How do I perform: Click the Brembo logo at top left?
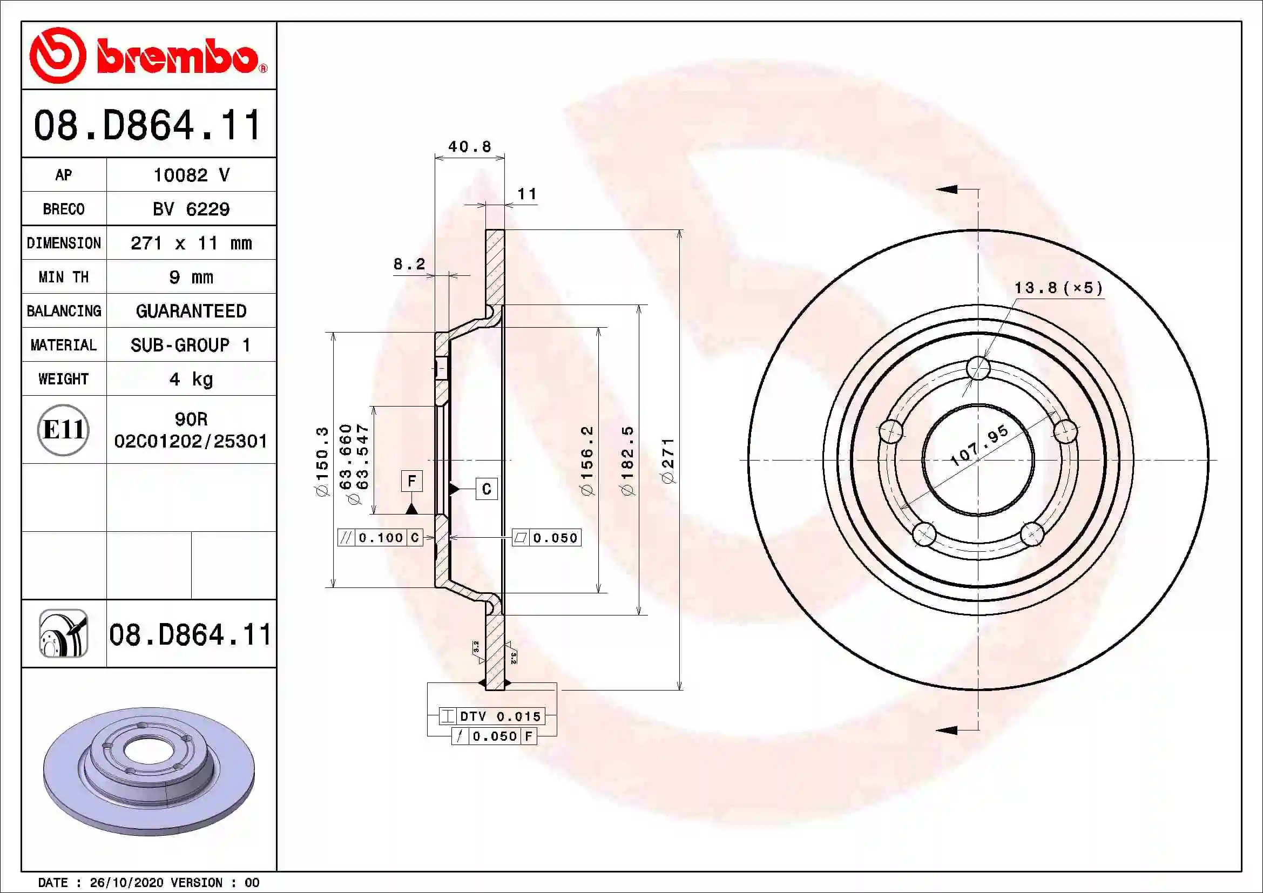[147, 56]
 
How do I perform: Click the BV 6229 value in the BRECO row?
[191, 209]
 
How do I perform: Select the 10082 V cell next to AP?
[191, 175]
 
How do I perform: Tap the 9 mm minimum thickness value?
[191, 277]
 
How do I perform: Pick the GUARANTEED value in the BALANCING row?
[191, 311]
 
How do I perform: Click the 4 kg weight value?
[191, 379]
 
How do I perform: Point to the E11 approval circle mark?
[63, 429]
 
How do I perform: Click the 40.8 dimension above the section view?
[469, 147]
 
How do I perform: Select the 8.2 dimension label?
[409, 264]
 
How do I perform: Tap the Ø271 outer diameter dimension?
[668, 461]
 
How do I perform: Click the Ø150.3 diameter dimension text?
[322, 461]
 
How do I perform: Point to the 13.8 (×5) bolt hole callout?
[1058, 288]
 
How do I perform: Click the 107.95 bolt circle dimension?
[980, 445]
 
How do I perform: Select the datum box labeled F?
[411, 481]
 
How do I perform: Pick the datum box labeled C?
[487, 489]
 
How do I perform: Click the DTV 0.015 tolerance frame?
[492, 716]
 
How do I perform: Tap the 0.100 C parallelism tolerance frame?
[380, 537]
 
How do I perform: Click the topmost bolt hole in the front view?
[978, 368]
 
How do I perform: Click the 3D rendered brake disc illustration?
[148, 770]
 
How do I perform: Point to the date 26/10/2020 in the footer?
[126, 883]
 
